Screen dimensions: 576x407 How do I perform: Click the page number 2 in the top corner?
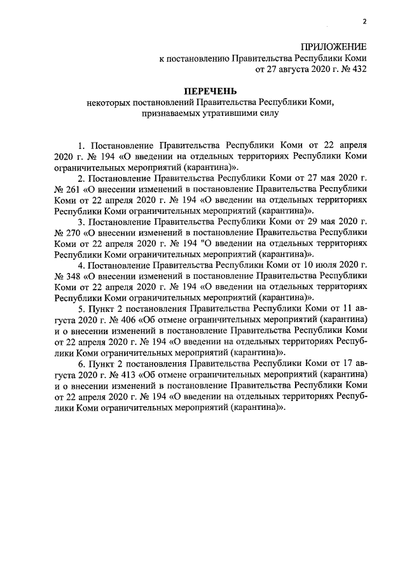click(x=365, y=22)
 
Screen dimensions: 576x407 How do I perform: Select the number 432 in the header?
click(x=357, y=68)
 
